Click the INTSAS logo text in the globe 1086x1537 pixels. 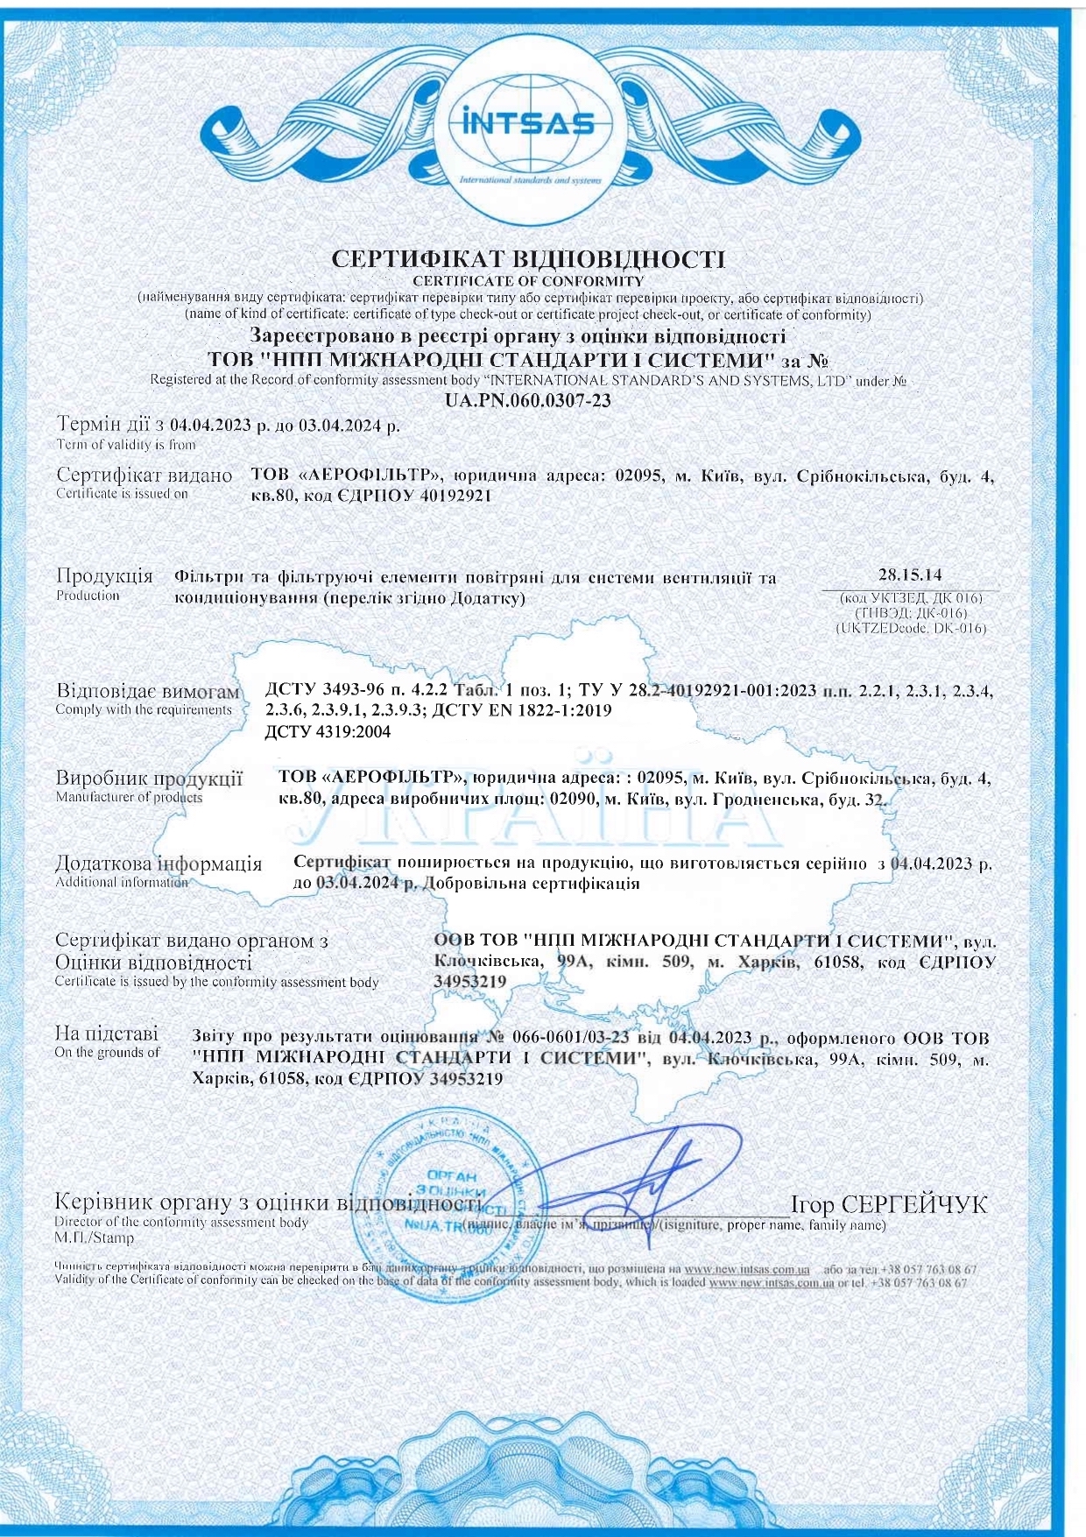pyautogui.click(x=528, y=123)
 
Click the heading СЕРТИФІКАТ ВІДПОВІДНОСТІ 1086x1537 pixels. pyautogui.click(x=529, y=259)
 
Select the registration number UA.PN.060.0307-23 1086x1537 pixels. pyautogui.click(x=528, y=400)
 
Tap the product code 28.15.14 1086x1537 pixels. pyautogui.click(x=909, y=575)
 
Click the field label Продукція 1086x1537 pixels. pyautogui.click(x=104, y=576)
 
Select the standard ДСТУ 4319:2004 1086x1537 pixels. pyautogui.click(x=328, y=731)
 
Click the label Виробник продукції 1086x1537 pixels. pyautogui.click(x=149, y=778)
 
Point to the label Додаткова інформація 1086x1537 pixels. pyautogui.click(x=159, y=864)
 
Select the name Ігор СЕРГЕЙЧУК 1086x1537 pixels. pyautogui.click(x=888, y=1204)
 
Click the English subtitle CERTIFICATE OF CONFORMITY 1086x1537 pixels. pyautogui.click(x=528, y=281)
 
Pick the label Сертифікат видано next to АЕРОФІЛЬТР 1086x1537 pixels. pyautogui.click(x=145, y=476)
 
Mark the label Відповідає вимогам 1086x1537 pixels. pyautogui.click(x=147, y=691)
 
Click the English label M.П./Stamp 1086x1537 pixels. pyautogui.click(x=95, y=1237)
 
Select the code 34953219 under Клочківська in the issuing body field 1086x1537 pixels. pyautogui.click(x=470, y=982)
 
